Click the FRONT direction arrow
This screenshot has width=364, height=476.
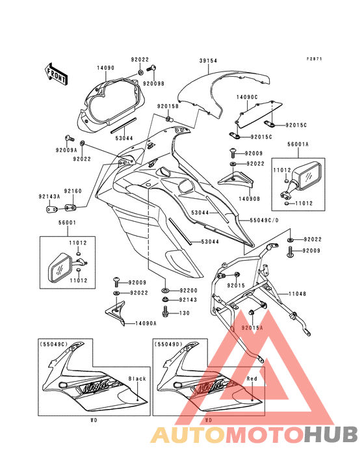point(57,73)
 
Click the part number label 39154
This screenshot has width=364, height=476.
point(209,61)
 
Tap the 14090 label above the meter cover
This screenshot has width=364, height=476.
point(106,68)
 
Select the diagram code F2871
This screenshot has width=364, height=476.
point(314,59)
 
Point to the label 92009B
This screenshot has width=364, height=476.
point(153,83)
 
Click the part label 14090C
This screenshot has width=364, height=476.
point(247,97)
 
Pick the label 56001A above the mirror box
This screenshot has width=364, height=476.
point(298,144)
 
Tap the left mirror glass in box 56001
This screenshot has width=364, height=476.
point(60,267)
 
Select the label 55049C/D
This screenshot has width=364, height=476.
point(264,220)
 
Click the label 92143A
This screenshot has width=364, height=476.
point(49,196)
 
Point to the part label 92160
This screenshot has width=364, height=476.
point(73,191)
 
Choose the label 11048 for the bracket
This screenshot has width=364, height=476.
point(297,294)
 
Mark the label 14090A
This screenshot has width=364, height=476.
point(146,324)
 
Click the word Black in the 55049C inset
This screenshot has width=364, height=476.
point(137,378)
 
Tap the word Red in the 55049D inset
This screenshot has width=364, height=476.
point(252,378)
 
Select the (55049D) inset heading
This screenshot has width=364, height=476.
point(168,344)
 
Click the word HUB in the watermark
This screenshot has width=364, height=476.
point(331,434)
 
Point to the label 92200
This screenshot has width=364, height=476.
point(188,290)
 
